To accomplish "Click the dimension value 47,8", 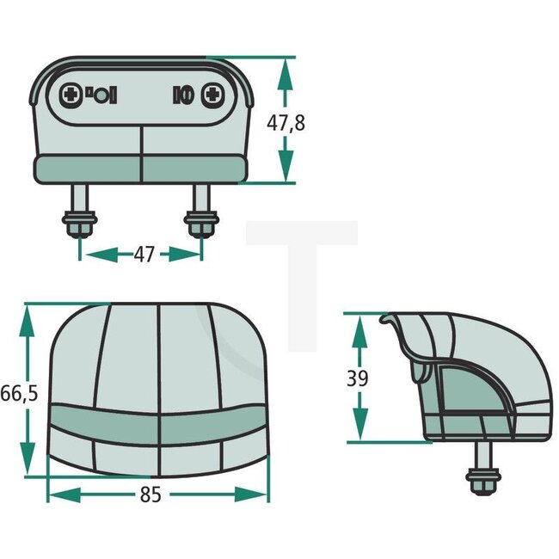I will tap(286, 122).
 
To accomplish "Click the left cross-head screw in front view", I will tap(71, 95).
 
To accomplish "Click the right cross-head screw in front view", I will tap(212, 95).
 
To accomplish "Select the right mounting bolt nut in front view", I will tap(200, 227).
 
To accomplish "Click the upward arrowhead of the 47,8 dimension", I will tap(286, 72).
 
